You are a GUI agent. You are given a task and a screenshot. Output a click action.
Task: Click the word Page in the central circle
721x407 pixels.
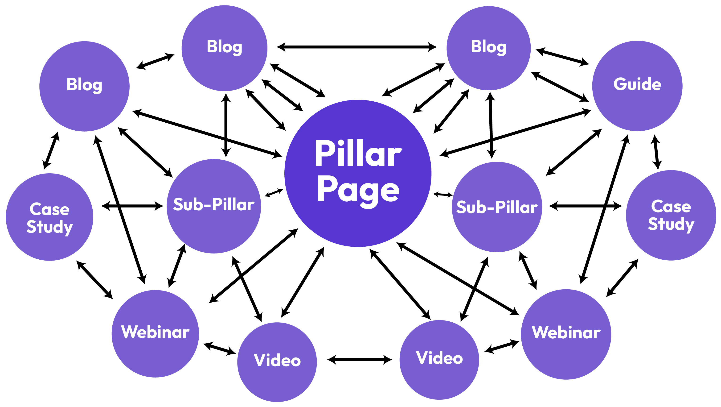click(x=358, y=191)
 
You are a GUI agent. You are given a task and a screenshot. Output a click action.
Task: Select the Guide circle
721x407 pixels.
click(x=637, y=86)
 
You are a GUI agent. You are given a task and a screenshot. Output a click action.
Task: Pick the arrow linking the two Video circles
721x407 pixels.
click(x=359, y=359)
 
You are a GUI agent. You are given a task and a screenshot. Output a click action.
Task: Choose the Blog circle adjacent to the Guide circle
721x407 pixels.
click(x=488, y=48)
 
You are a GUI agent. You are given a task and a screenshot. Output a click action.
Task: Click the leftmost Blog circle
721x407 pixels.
click(x=84, y=86)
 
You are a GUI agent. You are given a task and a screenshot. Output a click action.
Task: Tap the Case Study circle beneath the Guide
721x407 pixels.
click(x=671, y=215)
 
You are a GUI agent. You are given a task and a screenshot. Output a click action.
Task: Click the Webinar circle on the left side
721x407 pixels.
click(x=155, y=333)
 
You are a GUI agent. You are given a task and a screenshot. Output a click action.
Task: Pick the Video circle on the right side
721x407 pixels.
click(x=439, y=359)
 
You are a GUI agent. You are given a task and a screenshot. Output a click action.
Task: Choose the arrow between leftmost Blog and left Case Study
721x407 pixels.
click(x=51, y=151)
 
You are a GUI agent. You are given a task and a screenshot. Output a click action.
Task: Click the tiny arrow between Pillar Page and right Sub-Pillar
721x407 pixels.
click(x=443, y=194)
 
